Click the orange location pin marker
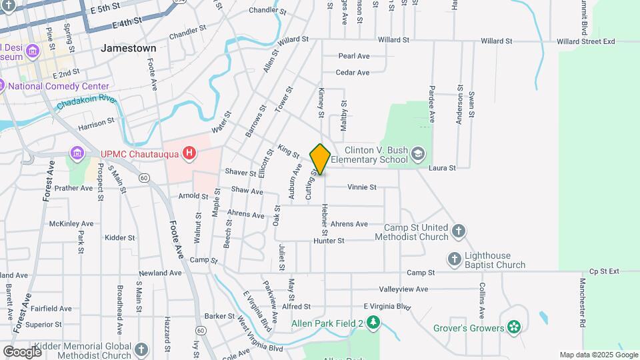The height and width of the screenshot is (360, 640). click(x=320, y=159)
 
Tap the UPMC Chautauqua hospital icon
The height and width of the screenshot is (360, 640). click(x=190, y=154)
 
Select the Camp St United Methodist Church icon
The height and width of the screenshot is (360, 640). click(x=458, y=231)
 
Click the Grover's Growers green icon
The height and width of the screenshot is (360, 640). click(x=513, y=327)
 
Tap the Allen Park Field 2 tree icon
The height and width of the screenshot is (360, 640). click(x=374, y=324)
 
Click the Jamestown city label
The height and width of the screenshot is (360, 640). click(x=129, y=48)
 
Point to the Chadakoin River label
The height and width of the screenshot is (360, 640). click(x=87, y=102)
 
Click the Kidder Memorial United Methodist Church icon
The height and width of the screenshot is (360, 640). click(x=141, y=349)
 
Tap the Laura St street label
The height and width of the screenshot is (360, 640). click(x=442, y=168)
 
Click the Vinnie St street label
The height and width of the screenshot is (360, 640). click(x=361, y=187)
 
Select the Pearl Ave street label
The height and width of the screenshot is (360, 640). click(x=353, y=56)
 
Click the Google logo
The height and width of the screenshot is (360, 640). click(x=22, y=351)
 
